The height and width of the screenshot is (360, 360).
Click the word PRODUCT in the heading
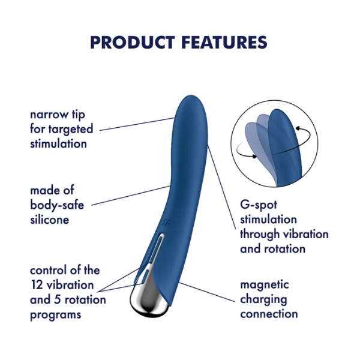[x=132, y=42]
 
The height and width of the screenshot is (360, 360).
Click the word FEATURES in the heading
[x=224, y=42]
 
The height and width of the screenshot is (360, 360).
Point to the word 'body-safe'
[x=57, y=205]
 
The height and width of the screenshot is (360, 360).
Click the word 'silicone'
[x=50, y=220]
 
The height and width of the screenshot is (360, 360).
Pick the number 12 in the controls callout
[x=37, y=285]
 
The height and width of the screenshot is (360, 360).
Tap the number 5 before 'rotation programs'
[x=57, y=300]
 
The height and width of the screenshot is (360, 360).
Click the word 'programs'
[x=56, y=315]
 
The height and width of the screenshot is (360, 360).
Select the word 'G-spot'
[x=259, y=205]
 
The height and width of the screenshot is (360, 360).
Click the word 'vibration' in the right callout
[x=306, y=234]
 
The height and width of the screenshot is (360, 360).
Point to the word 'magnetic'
[x=265, y=285]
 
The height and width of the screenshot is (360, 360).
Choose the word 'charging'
[x=263, y=300]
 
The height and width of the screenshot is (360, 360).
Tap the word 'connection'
[x=269, y=314]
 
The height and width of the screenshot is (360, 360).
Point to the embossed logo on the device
[x=166, y=222]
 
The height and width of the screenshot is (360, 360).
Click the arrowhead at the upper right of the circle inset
[x=298, y=128]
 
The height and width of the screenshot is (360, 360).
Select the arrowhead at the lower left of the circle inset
[x=254, y=156]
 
